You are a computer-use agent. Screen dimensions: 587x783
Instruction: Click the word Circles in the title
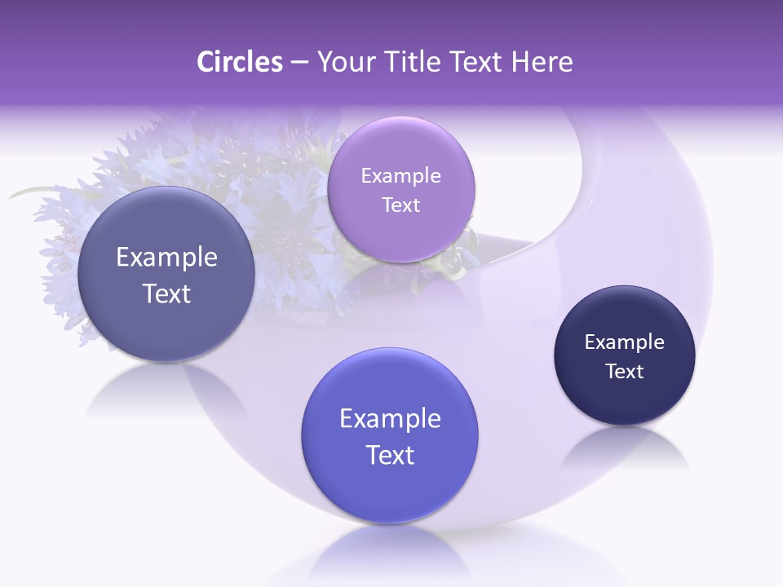240,62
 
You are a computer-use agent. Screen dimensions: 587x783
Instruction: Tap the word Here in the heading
542,62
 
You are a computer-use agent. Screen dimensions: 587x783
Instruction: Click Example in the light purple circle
400,175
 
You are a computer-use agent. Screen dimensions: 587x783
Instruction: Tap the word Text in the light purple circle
400,205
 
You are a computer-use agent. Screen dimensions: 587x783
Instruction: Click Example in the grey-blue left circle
166,258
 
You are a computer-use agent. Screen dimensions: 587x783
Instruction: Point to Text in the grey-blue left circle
166,293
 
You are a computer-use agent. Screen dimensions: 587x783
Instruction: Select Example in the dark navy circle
625,342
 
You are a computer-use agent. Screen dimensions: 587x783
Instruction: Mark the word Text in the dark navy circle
625,371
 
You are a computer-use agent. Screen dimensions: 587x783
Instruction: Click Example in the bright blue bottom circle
390,419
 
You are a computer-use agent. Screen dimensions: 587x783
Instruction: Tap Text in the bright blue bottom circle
390,455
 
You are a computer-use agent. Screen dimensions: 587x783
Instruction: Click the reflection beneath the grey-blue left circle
166,391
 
